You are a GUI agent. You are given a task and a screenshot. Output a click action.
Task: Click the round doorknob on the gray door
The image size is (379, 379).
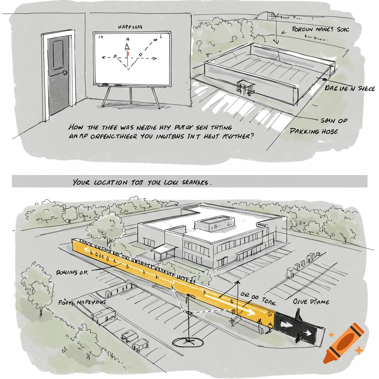pos(66,73)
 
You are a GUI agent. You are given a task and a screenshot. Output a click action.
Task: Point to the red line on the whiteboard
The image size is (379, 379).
pos(128,59)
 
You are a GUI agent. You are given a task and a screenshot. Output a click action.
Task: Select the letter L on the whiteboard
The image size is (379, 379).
pos(161,37)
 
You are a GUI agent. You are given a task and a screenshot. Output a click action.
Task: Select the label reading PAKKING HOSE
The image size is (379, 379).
pos(314,131)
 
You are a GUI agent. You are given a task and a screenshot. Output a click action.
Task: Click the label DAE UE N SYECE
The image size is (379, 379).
pos(349,89)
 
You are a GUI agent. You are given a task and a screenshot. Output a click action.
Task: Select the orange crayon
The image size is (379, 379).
pos(343,343)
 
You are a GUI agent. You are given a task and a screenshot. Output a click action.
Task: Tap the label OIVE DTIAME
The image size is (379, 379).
pos(311,302)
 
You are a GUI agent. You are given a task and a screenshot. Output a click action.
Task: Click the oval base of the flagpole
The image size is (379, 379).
pos(188,342)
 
